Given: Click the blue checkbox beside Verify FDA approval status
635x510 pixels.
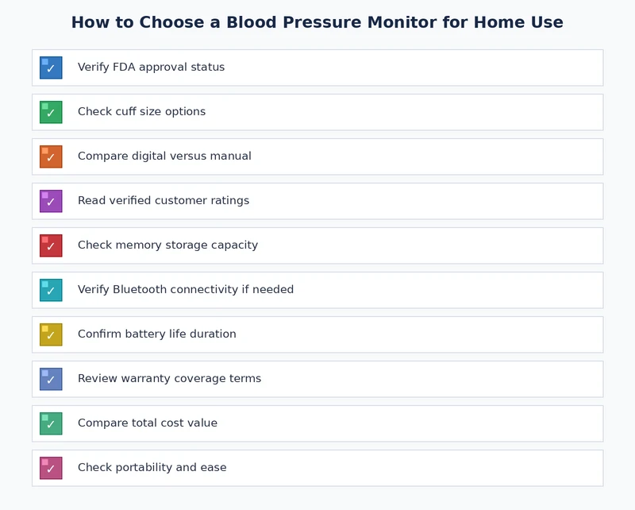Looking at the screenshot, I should click(51, 68).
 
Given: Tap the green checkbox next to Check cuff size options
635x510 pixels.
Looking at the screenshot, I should click(51, 112).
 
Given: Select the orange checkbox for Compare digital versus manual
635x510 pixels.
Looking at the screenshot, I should click(51, 156).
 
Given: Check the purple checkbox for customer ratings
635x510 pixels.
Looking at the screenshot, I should click(51, 201).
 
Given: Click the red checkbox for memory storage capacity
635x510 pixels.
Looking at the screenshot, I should click(51, 245).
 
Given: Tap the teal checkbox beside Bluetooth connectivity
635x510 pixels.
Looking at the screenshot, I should click(51, 290).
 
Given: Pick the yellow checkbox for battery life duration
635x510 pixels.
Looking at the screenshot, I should click(51, 334).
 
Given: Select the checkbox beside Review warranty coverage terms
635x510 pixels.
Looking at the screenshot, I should click(51, 379).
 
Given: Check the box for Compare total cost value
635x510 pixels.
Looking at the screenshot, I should click(51, 423).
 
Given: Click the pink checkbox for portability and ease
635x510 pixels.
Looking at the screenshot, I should click(51, 468).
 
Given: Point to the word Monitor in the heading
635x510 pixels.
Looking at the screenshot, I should click(406, 23).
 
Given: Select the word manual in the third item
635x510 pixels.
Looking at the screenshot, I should click(231, 156).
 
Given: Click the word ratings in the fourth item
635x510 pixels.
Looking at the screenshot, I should click(229, 201).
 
